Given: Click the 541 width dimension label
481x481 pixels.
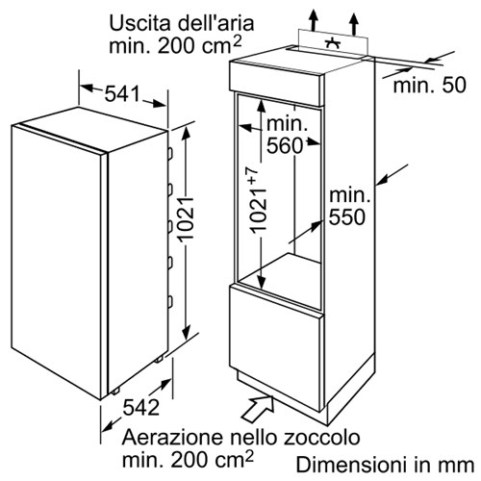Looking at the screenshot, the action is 122,93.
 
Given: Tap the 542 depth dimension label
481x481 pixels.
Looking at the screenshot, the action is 141,407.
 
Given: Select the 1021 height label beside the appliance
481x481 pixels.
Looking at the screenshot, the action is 186,218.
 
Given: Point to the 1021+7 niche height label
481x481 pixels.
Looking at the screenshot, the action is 258,199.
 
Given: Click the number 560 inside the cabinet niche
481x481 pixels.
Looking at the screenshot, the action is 285,146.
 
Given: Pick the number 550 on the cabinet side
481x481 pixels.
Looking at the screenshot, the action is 347,217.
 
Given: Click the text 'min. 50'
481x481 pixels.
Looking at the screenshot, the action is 429,85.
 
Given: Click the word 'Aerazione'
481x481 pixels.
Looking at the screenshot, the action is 173,437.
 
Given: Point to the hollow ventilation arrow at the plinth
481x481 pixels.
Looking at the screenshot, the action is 257,408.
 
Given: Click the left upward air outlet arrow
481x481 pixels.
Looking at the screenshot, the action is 314,20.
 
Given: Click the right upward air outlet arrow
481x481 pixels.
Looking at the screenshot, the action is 354,24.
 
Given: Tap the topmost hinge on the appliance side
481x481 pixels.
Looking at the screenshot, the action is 170,153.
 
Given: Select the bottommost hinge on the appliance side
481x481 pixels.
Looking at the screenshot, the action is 170,302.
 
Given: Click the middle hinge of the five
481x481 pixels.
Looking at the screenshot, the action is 170,226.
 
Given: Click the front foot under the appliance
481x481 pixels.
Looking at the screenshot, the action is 115,391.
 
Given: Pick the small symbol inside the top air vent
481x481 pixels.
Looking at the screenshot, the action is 333,43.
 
